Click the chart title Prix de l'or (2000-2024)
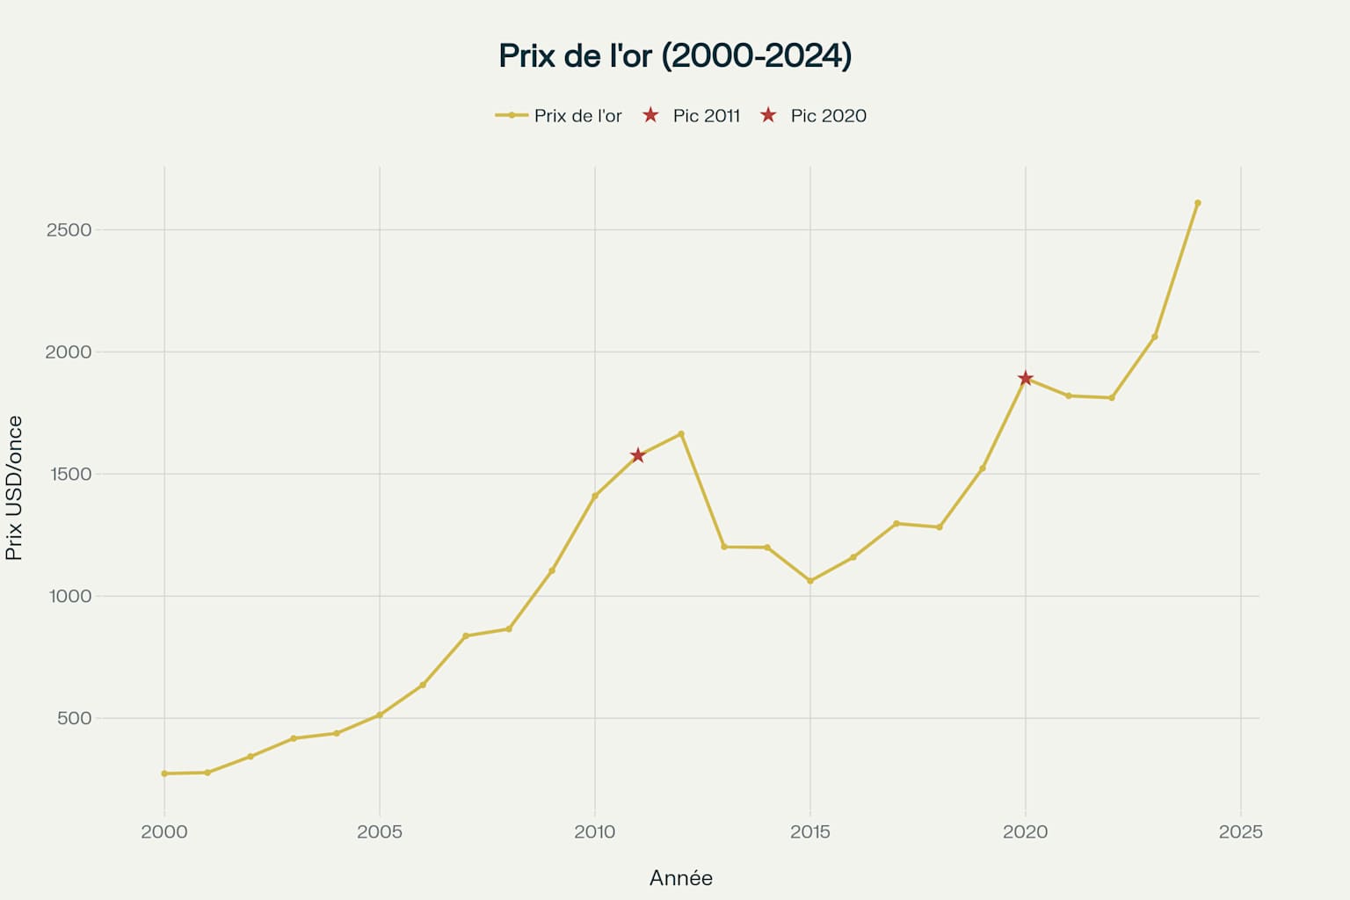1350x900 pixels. (675, 55)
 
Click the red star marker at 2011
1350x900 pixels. (638, 455)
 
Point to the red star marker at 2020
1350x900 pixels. (1025, 378)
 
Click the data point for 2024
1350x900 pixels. (1197, 203)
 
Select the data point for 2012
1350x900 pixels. (681, 433)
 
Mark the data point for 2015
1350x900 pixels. (810, 581)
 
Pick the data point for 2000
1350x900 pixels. (164, 773)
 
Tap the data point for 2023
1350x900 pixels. (1154, 337)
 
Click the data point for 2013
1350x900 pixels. (724, 547)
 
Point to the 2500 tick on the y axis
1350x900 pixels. (69, 230)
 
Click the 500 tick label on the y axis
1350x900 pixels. (74, 718)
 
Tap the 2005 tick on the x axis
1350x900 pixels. (380, 831)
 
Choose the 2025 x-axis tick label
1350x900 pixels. (1240, 831)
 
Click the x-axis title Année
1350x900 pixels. (680, 878)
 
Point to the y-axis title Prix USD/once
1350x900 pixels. (14, 489)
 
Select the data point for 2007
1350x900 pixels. (466, 635)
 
